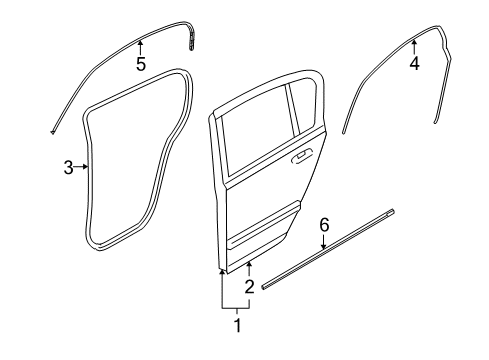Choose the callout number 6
[x=323, y=254]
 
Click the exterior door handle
[x=300, y=158]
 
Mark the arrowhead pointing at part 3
[x=83, y=168]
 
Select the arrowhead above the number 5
[x=141, y=42]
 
